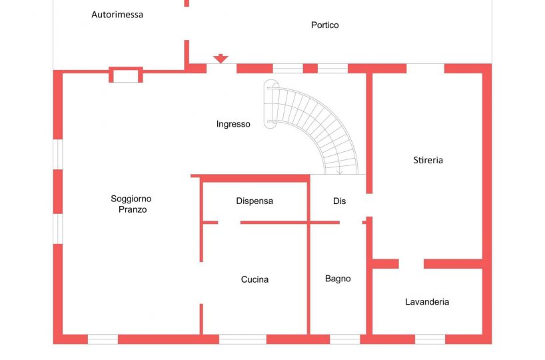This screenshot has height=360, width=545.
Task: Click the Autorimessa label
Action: [x=117, y=14]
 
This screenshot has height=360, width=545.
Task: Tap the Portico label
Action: [x=324, y=25]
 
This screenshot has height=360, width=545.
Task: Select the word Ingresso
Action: [x=233, y=124]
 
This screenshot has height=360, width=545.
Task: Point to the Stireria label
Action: [x=428, y=160]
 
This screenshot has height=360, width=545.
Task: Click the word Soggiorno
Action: [x=131, y=199]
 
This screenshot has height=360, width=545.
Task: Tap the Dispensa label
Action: [x=255, y=201]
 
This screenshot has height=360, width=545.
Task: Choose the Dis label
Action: [x=339, y=201]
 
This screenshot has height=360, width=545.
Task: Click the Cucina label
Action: [x=255, y=279]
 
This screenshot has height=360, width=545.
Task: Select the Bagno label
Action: [x=338, y=279]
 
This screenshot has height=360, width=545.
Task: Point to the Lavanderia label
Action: [x=427, y=302]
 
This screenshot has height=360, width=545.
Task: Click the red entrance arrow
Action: [x=221, y=59]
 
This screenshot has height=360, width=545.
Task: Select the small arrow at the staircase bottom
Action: [x=340, y=172]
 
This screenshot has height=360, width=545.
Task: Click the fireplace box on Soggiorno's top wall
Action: [x=125, y=75]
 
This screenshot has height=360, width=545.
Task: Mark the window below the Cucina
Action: [x=243, y=339]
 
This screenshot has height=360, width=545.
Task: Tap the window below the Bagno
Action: [x=344, y=339]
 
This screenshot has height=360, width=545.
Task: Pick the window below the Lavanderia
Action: [x=430, y=339]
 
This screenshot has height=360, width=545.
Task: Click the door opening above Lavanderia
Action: [x=411, y=264]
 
